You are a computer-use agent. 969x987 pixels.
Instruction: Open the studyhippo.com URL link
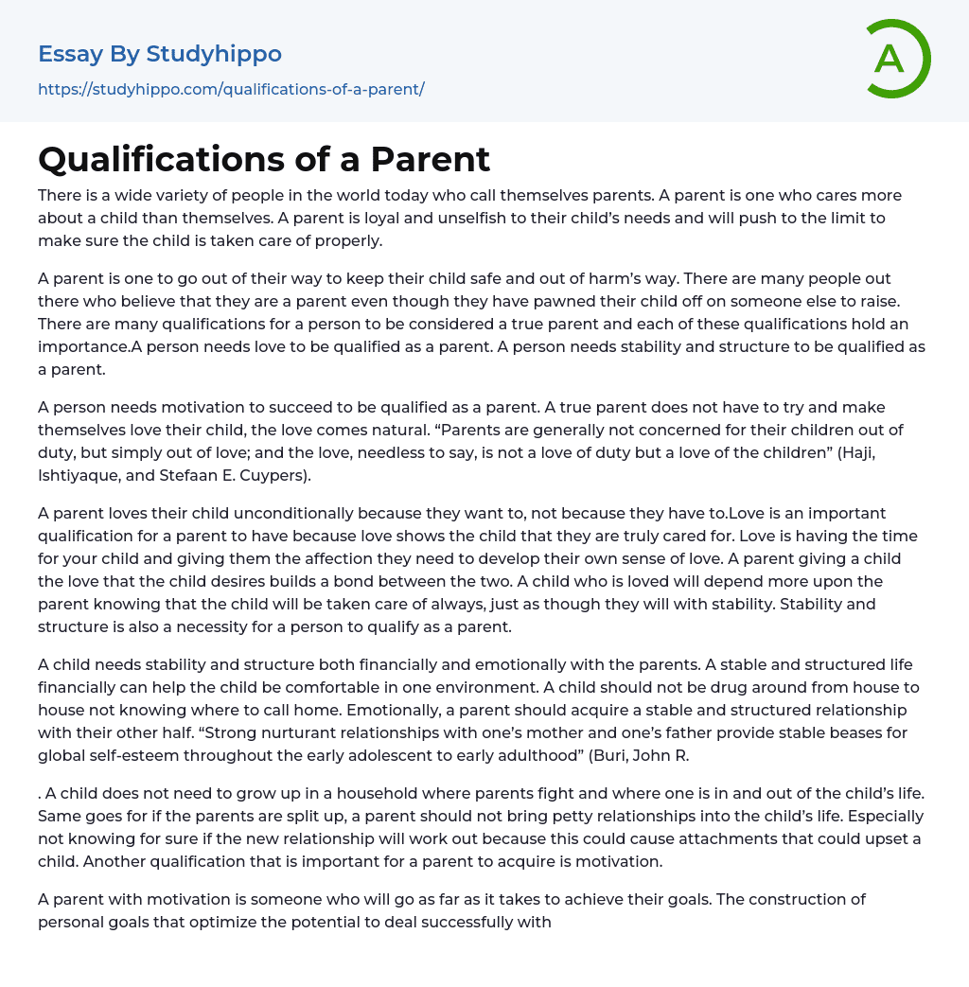(231, 89)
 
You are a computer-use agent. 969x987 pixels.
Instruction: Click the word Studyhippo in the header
(214, 54)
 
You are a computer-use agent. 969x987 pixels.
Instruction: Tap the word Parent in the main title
(431, 159)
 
